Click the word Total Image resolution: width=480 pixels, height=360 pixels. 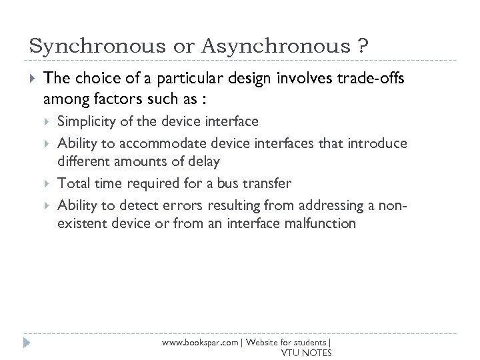pos(72,183)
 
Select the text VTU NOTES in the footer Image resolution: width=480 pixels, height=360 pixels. pos(306,352)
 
